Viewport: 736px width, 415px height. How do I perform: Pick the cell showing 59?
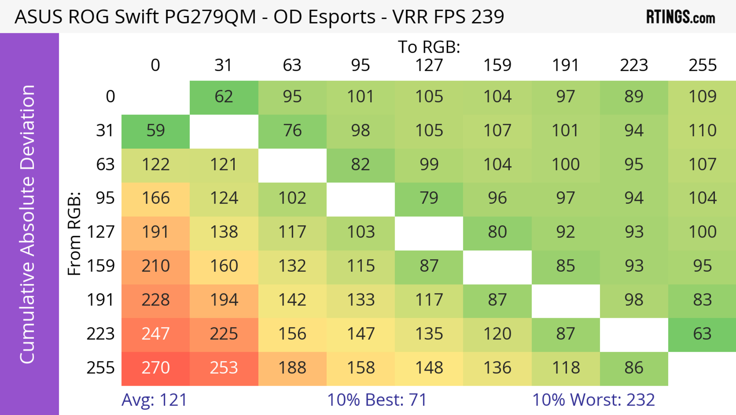(x=155, y=131)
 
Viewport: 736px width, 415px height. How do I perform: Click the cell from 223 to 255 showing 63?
(x=702, y=334)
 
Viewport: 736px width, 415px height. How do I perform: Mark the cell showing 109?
(x=702, y=97)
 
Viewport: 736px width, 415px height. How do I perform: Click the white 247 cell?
(x=155, y=334)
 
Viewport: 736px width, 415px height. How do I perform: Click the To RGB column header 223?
(x=634, y=65)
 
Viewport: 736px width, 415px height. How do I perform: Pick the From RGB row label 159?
(x=101, y=266)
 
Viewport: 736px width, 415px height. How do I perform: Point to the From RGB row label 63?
(x=105, y=165)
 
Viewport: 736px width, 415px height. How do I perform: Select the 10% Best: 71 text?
(x=377, y=400)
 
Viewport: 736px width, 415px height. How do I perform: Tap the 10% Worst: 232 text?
(x=593, y=400)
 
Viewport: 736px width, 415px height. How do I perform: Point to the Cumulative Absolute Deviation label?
(x=27, y=224)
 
